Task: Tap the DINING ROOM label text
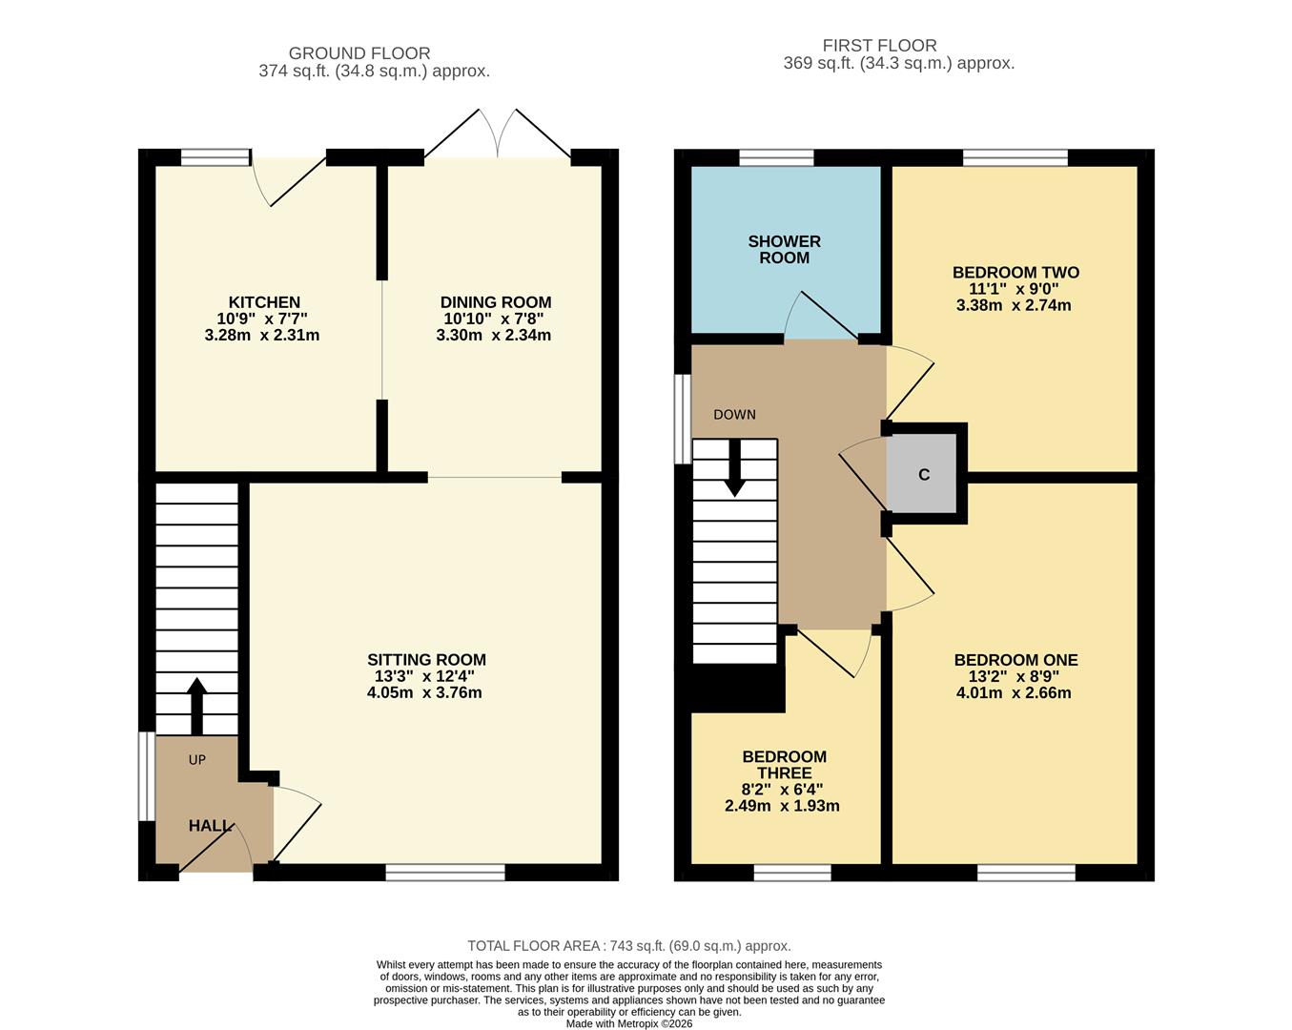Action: pos(495,302)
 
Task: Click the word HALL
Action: pos(210,826)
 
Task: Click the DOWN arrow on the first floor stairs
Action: pos(734,474)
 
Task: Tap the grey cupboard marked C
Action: pos(923,475)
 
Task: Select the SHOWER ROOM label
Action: pos(784,250)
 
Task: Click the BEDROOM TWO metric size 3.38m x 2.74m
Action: pos(1014,306)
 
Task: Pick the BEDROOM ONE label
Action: pos(1015,660)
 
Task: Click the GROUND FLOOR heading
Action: pos(359,53)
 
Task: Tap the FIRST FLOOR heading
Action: pos(879,45)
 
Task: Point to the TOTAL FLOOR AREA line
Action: pos(629,946)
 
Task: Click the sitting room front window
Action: pos(445,872)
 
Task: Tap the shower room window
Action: pos(776,158)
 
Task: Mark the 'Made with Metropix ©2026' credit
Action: pos(629,1023)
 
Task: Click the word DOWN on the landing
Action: pos(734,415)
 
